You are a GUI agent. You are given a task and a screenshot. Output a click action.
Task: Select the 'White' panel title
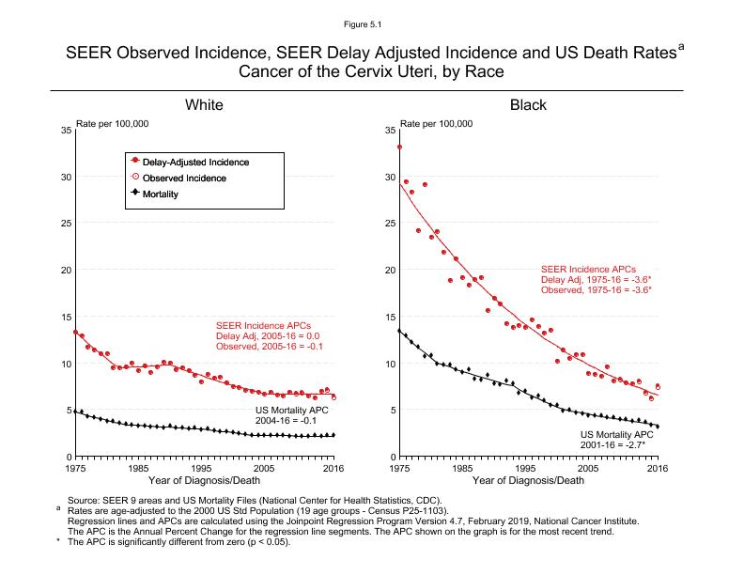204,104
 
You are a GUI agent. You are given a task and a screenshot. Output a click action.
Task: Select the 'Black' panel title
528,104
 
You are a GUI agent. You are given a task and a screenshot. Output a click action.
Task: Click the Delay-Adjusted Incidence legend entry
195,162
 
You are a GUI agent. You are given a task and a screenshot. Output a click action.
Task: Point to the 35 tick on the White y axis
66,130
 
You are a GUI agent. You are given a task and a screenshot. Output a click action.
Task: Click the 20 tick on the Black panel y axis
390,271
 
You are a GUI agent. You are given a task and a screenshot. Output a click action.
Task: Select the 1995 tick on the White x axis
201,468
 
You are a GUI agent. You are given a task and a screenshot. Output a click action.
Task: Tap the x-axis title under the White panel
204,481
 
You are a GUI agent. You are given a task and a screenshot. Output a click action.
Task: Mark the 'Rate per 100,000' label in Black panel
437,123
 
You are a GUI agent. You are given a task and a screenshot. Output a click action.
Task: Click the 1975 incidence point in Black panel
400,147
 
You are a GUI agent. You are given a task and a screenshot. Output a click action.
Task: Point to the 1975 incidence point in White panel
75,332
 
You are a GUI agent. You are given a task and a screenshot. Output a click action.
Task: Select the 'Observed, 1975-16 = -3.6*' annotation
596,290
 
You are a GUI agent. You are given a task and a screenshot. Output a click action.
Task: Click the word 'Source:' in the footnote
83,500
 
